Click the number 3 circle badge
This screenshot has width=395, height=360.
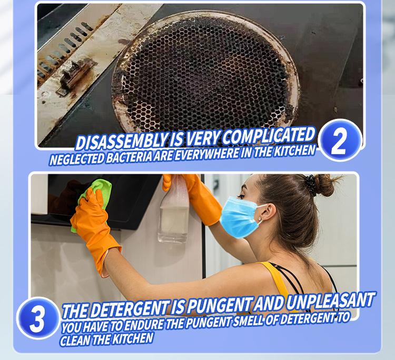(37, 318)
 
